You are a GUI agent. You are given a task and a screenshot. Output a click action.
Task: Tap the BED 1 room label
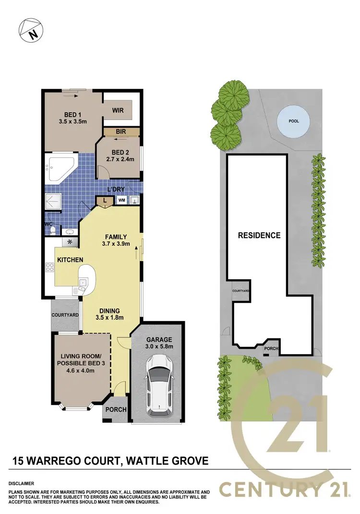(x=74, y=115)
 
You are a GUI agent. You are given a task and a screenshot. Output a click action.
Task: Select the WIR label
(x=118, y=110)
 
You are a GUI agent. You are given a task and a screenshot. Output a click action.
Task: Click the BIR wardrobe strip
(x=121, y=131)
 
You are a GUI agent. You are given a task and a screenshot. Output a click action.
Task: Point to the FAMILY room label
(x=116, y=237)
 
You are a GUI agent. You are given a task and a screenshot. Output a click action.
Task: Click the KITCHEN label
(x=71, y=260)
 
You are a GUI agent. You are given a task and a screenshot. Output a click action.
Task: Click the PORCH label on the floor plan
(x=115, y=410)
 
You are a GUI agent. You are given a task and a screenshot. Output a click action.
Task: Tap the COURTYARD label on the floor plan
(x=65, y=315)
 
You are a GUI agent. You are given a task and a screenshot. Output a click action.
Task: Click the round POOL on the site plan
(x=293, y=121)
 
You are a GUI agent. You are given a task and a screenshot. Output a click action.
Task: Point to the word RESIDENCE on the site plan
(x=259, y=235)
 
